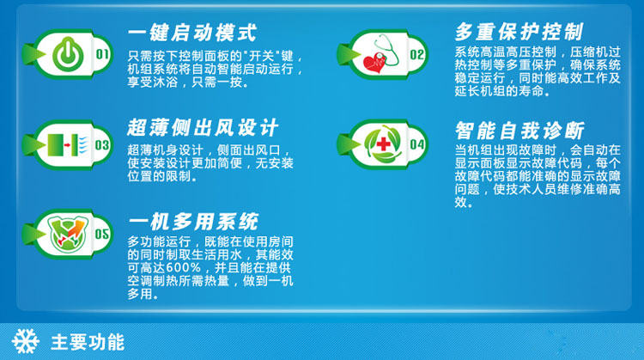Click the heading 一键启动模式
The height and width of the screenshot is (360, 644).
191,33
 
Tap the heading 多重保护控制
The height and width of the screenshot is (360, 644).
519,32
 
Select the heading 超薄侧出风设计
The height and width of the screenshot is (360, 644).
203,128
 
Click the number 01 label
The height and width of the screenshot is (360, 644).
102,56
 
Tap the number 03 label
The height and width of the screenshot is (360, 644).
102,146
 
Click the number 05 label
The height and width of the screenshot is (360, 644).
102,234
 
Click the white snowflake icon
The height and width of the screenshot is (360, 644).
24,342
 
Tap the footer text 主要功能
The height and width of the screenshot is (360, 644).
88,342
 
